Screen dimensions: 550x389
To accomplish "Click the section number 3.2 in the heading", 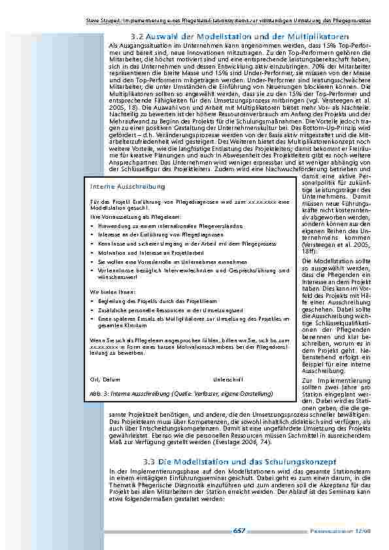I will click(138, 37).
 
